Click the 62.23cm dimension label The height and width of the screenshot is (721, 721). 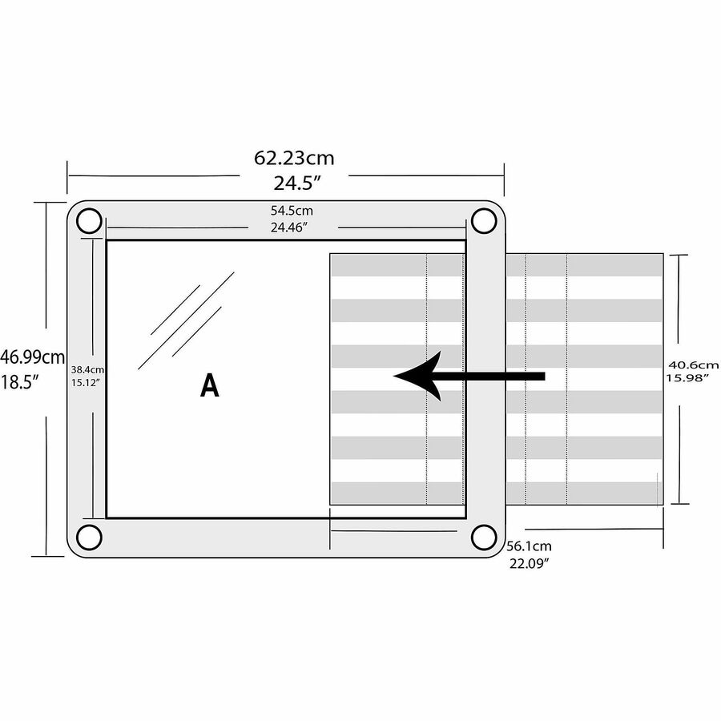[x=294, y=158]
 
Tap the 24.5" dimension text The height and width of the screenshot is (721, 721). [x=297, y=183]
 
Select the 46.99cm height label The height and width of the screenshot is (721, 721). [x=32, y=356]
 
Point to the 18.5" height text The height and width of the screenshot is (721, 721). [x=19, y=381]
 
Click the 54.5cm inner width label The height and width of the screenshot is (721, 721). [x=292, y=211]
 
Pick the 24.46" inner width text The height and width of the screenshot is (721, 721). [x=288, y=228]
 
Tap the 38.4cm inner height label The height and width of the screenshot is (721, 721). [x=87, y=369]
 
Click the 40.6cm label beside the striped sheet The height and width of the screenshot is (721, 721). [x=693, y=365]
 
